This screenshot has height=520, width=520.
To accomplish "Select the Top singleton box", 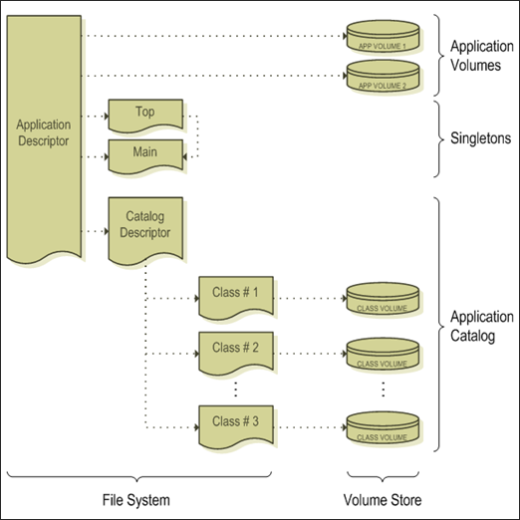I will point(144,113).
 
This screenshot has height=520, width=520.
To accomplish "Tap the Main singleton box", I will point(144,153).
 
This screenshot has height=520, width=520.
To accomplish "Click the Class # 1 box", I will point(235,296).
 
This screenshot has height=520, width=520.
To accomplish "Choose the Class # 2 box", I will point(235,349).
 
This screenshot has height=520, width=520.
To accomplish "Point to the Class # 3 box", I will point(235,423).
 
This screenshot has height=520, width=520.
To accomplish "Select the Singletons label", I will point(480,138).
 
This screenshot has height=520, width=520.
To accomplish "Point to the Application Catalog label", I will point(482,327).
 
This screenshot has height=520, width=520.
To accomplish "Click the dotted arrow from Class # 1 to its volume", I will point(308,296).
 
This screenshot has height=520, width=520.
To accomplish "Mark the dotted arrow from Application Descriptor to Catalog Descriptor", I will point(93,232).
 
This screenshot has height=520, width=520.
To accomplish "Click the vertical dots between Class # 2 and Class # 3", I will point(235,387).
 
